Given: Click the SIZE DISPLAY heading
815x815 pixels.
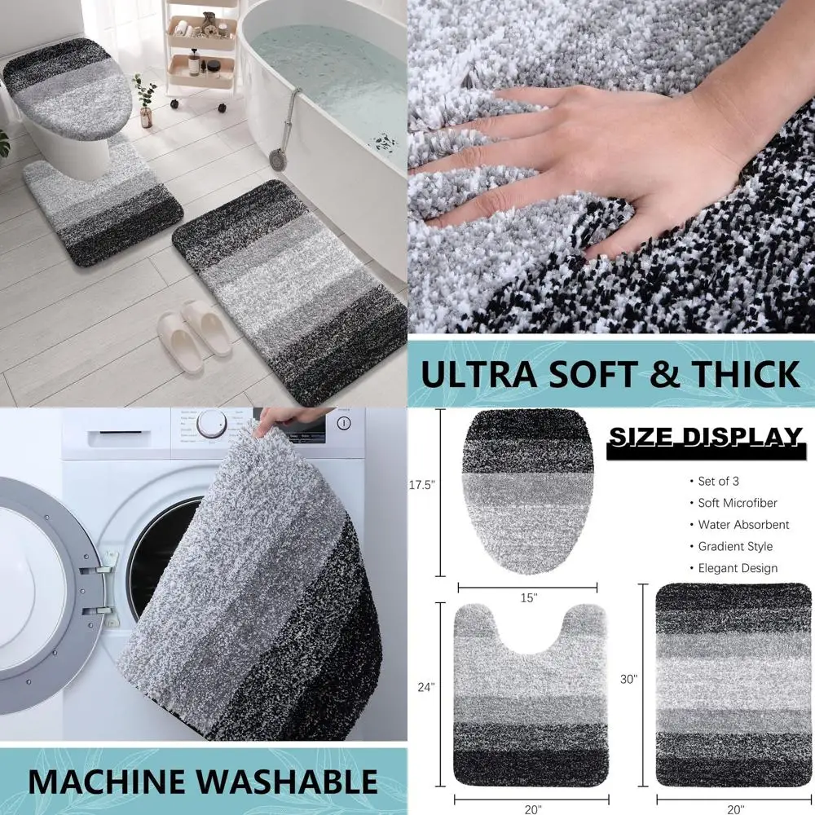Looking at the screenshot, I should coord(705,438).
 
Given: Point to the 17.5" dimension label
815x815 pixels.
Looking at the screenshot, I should coord(422,484).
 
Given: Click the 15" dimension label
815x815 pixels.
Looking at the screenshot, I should coord(528,597).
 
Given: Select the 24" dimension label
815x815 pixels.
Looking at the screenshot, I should coord(425,686).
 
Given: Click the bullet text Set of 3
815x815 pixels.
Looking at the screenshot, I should coord(719,481).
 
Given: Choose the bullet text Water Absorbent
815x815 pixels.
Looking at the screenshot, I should coord(743,524).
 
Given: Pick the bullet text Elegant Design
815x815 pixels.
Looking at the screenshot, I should coord(738,568).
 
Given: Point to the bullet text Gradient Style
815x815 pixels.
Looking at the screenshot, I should coord(735,546).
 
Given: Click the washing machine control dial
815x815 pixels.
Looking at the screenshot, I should coord(212,422).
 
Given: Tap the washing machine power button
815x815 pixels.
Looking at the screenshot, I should coord(343,423).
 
